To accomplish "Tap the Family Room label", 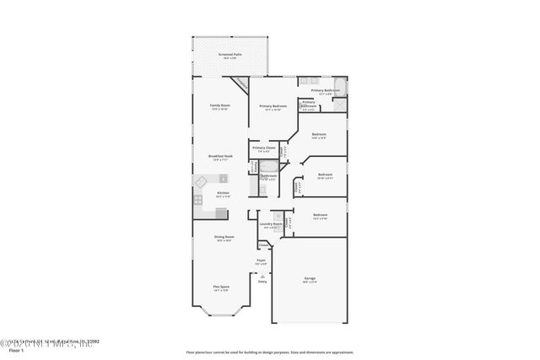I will tap(219, 105).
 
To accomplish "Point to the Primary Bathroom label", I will tap(326, 90).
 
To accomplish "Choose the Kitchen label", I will tap(223, 194).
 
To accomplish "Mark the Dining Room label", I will tap(223, 238).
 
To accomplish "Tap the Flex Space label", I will tap(221, 287).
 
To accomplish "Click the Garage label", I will tap(310, 278).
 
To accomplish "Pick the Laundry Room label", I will tap(270, 225).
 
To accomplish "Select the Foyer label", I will tap(262, 261).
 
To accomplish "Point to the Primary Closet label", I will tap(263, 148).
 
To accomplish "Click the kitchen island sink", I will tap(202, 181).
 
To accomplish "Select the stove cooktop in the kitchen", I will tap(198, 201).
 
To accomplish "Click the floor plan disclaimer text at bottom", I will tap(270, 351).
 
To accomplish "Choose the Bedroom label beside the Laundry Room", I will tap(321, 216).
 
